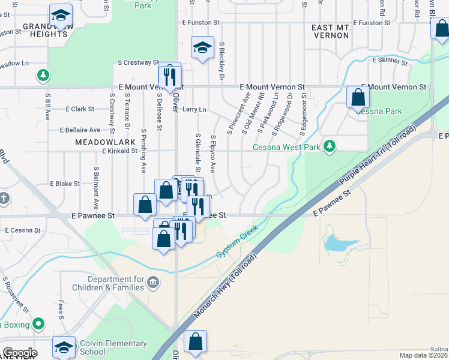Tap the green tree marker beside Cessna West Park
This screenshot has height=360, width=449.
point(329,146)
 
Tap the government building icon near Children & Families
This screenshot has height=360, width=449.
point(154,282)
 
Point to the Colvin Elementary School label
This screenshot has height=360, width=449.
point(113,347)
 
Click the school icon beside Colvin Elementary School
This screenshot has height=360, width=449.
point(64,347)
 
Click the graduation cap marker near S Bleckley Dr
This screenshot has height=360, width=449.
point(203,47)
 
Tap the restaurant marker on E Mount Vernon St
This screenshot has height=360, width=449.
point(170,77)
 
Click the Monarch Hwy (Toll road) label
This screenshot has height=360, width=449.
point(226,287)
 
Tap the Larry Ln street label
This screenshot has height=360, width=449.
point(194,110)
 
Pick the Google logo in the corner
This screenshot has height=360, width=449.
point(20,353)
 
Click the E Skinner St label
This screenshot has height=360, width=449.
point(393,60)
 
